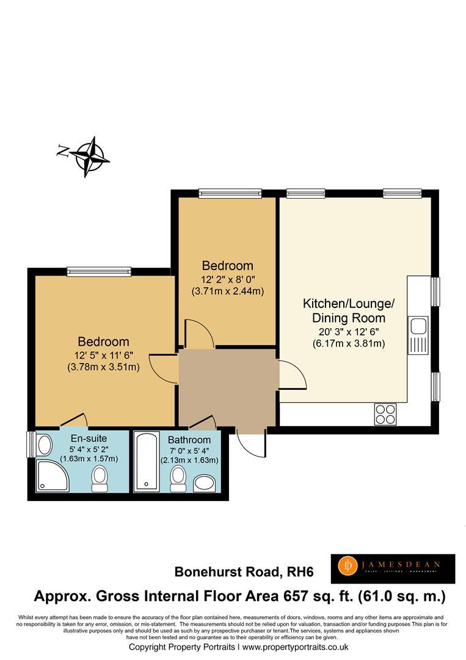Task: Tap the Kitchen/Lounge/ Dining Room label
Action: (x=349, y=310)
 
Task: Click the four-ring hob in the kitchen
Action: (x=386, y=414)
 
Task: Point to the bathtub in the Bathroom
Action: (x=145, y=461)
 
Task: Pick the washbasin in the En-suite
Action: (x=45, y=445)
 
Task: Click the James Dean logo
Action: (x=393, y=569)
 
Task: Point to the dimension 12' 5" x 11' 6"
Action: (x=103, y=354)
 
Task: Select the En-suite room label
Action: (x=89, y=438)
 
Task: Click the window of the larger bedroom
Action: (x=99, y=271)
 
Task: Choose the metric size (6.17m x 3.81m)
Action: (x=349, y=343)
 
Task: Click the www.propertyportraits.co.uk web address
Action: (x=296, y=647)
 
